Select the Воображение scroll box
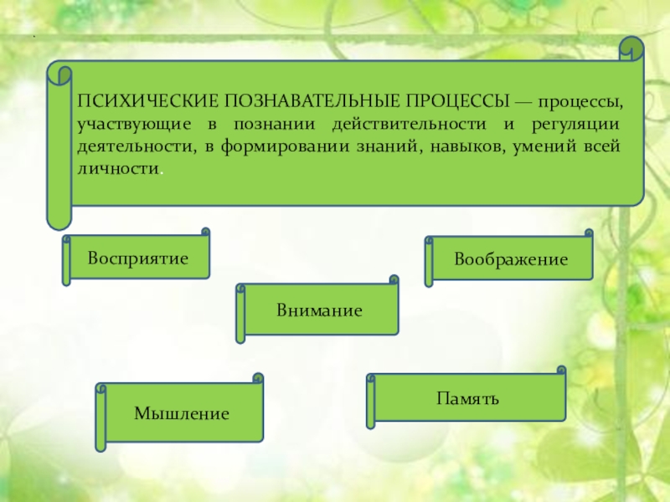[511, 259]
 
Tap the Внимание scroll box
[319, 310]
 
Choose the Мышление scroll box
[182, 413]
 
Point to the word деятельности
[129, 146]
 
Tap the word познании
[281, 125]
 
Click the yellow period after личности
[161, 171]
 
